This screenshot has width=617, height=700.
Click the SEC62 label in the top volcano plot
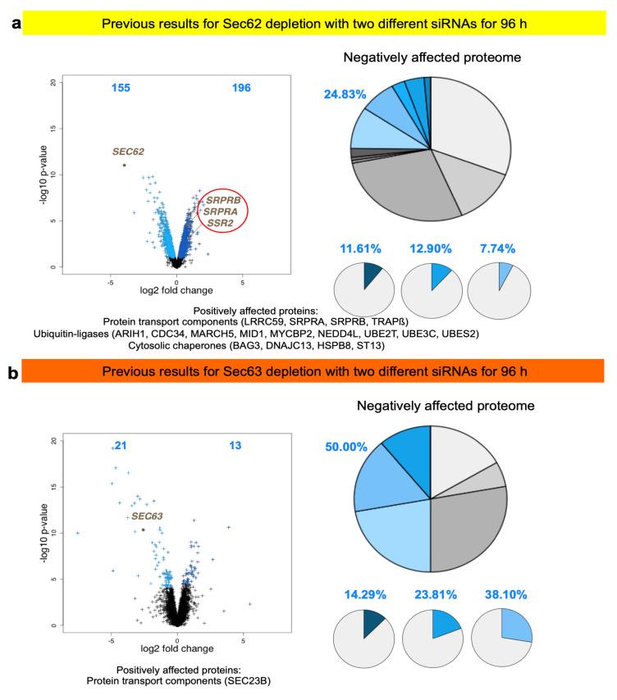coord(128,152)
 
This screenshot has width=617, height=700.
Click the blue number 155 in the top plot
coord(121,88)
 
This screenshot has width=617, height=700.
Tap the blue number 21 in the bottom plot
coord(121,445)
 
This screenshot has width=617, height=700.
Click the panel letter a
coord(12,23)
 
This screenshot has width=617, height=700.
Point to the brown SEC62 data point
coord(124,165)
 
